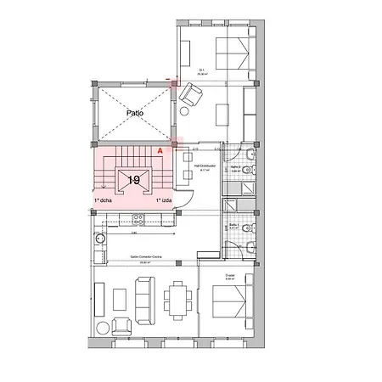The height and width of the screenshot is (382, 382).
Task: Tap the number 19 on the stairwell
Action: [133, 180]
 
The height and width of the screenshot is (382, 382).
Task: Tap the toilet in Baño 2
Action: [247, 171]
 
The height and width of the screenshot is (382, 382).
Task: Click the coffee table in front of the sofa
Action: [120, 298]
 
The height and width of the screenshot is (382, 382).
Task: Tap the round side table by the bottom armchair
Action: [103, 327]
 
